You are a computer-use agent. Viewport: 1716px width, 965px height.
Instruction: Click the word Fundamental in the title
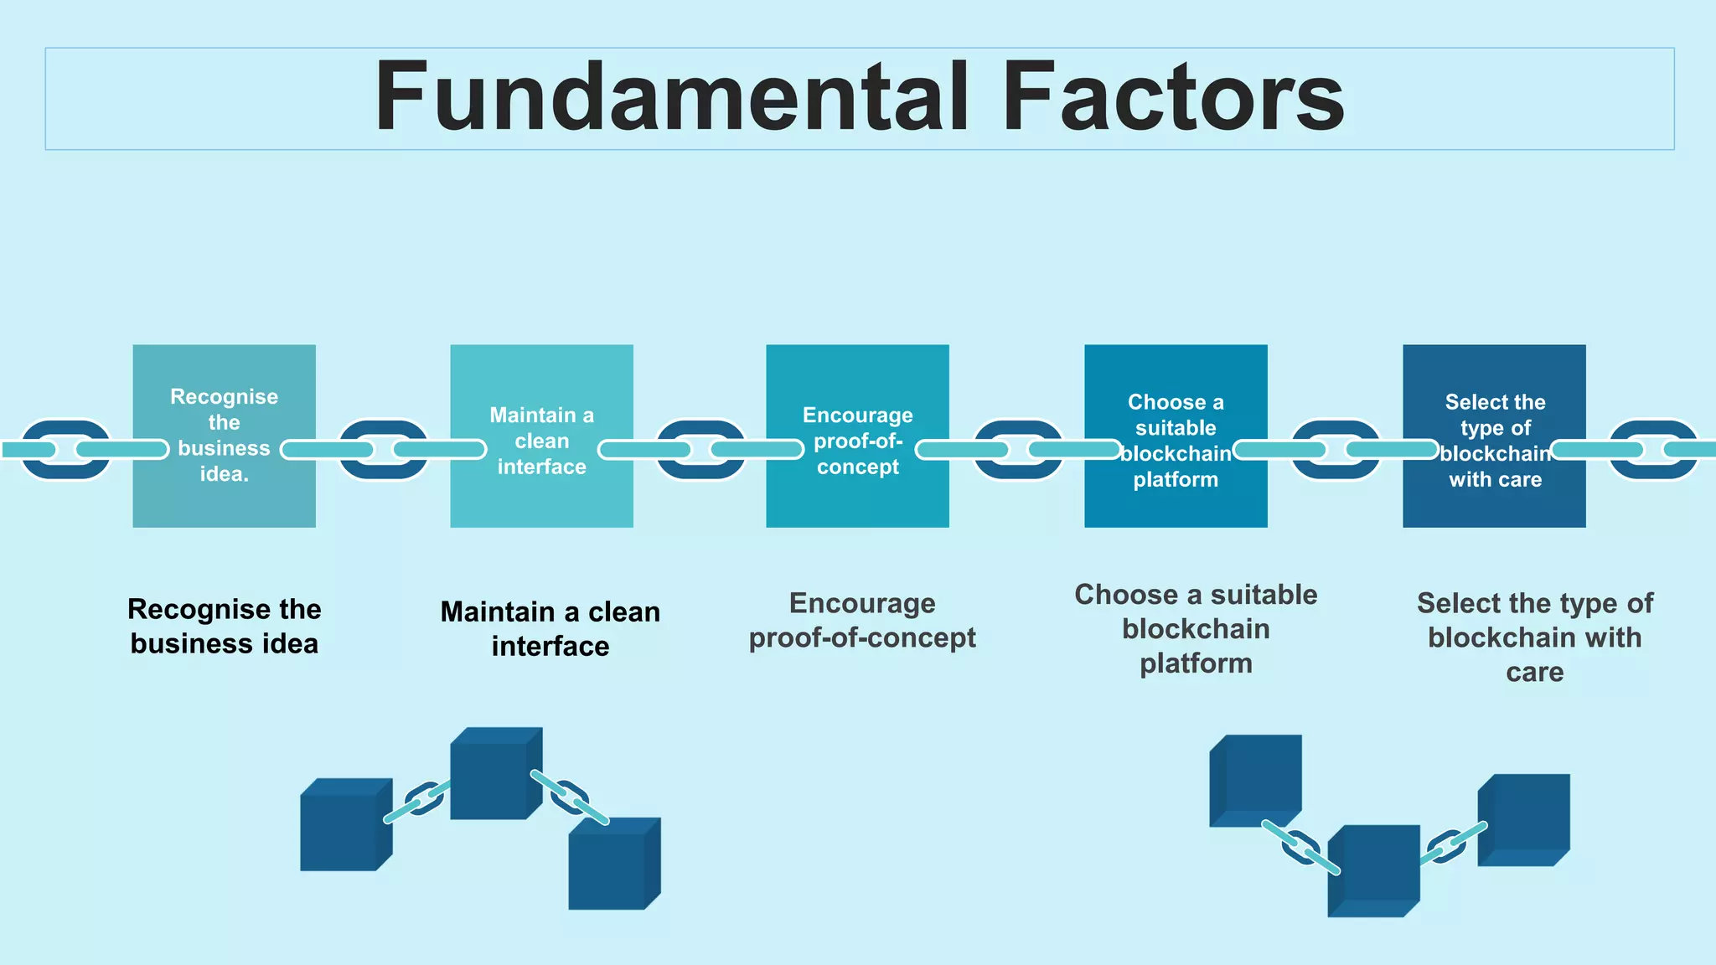(670, 98)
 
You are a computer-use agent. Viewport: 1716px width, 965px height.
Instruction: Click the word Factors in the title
(1173, 98)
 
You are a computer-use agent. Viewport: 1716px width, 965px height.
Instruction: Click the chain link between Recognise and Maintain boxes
(383, 450)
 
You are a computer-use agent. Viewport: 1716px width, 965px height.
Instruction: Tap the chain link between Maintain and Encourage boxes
(700, 450)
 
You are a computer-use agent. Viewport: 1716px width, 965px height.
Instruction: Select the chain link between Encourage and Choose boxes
(1018, 450)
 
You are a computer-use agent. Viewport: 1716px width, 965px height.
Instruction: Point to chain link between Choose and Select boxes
(1336, 450)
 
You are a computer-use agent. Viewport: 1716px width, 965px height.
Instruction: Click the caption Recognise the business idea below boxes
(224, 626)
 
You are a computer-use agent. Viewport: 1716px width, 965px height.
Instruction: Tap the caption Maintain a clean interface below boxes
(550, 628)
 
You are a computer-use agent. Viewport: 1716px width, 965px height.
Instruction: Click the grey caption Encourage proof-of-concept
(861, 620)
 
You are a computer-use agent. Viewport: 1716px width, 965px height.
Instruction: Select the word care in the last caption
(1534, 672)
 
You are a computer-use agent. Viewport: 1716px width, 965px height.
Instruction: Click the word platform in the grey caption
(1196, 663)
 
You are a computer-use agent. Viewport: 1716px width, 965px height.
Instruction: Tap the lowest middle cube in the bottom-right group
(1372, 871)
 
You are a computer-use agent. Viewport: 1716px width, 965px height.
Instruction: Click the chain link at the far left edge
(65, 450)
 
